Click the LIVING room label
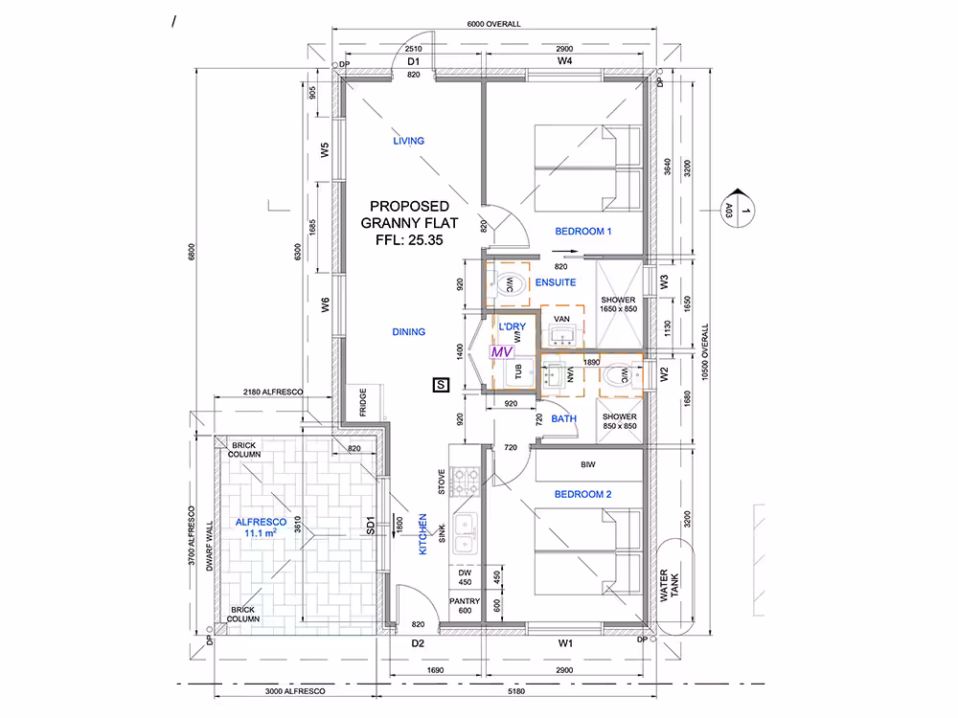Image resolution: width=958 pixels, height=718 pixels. tap(408, 141)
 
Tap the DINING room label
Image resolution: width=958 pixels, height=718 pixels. tap(409, 332)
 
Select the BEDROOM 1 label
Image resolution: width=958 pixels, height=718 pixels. tap(582, 232)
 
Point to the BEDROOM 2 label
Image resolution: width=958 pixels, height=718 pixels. tap(582, 495)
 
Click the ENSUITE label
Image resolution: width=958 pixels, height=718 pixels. tap(556, 282)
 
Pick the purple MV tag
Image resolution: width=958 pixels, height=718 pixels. tap(502, 352)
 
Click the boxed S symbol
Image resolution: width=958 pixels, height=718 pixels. tap(441, 385)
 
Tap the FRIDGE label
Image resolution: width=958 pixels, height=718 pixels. tap(363, 402)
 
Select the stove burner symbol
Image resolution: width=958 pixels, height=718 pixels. tap(465, 482)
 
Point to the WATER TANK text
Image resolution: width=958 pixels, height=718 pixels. tap(669, 586)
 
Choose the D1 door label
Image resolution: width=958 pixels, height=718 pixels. tap(414, 61)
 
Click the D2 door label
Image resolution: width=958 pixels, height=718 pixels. tap(418, 643)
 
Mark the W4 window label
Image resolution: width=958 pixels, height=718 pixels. tap(564, 61)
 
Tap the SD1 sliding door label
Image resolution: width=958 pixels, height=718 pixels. tap(370, 526)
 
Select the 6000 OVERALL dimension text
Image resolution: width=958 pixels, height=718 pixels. tap(493, 25)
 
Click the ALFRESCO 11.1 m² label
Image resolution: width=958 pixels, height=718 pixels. tap(261, 527)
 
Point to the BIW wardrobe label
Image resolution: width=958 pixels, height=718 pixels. tap(588, 465)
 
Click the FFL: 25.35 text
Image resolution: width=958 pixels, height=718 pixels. tap(409, 240)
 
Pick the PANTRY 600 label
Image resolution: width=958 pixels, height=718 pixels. tap(465, 606)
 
